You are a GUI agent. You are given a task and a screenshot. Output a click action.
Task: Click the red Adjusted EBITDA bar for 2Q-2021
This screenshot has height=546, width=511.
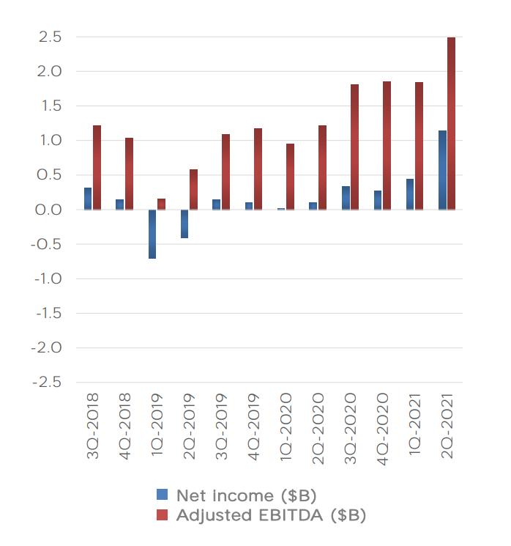[451, 123]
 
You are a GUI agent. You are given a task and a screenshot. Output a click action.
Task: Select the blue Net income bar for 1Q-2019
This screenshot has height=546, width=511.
[152, 234]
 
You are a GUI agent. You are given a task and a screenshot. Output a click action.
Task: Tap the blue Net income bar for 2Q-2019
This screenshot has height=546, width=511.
[184, 224]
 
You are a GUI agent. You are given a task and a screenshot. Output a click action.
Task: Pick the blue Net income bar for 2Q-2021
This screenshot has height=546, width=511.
[442, 170]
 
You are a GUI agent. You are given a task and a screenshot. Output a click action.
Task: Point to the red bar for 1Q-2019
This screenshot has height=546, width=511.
[161, 204]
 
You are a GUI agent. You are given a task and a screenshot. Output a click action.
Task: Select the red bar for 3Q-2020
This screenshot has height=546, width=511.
[354, 147]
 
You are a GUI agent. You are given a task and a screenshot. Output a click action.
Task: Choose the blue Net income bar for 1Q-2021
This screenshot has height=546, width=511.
[410, 194]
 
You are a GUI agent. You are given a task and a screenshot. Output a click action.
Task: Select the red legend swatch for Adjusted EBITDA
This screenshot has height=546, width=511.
[163, 515]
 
